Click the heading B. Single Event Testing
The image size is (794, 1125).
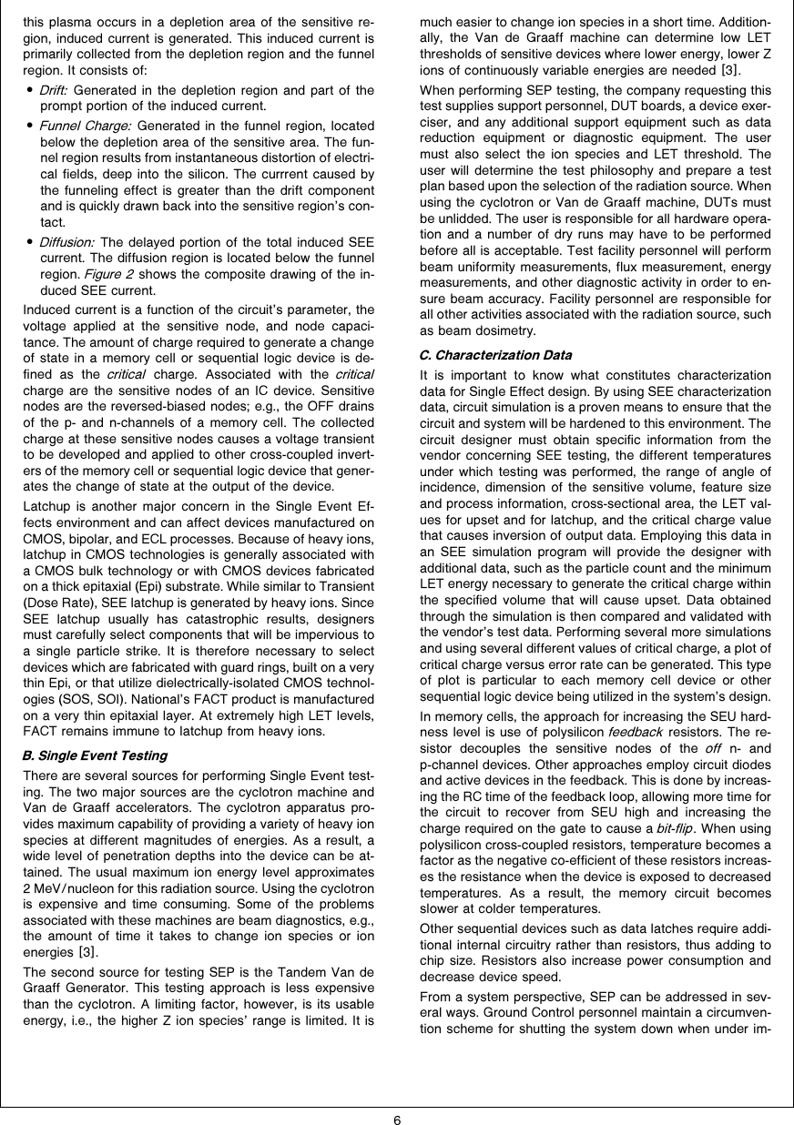(95, 755)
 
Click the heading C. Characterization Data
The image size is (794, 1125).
(496, 354)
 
